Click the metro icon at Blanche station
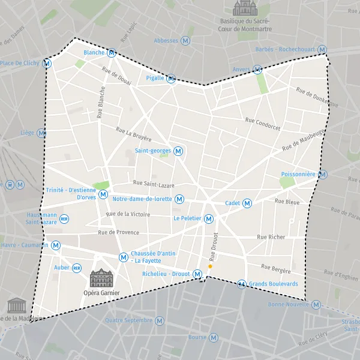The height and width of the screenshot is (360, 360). click(111, 53)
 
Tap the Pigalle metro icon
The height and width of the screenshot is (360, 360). click(171, 79)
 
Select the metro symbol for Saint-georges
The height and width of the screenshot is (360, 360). click(178, 151)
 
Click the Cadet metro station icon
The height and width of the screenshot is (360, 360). click(247, 203)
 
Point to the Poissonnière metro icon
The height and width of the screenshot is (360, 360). click(323, 175)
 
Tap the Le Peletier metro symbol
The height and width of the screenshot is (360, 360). click(209, 219)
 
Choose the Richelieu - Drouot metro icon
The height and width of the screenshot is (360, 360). click(197, 274)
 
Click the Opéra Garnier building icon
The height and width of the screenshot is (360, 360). click(101, 278)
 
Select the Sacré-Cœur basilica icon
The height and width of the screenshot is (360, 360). click(244, 8)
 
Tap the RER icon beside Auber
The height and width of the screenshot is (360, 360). click(77, 268)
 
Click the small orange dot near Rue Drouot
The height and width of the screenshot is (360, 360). click(210, 266)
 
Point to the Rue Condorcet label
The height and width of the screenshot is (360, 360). click(263, 124)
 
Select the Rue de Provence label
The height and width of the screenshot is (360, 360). click(119, 233)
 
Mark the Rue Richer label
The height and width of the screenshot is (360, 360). click(271, 237)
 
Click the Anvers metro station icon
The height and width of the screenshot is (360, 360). click(257, 70)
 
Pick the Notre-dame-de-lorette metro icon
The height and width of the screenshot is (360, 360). click(179, 199)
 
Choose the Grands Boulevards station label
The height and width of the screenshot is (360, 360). click(274, 284)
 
